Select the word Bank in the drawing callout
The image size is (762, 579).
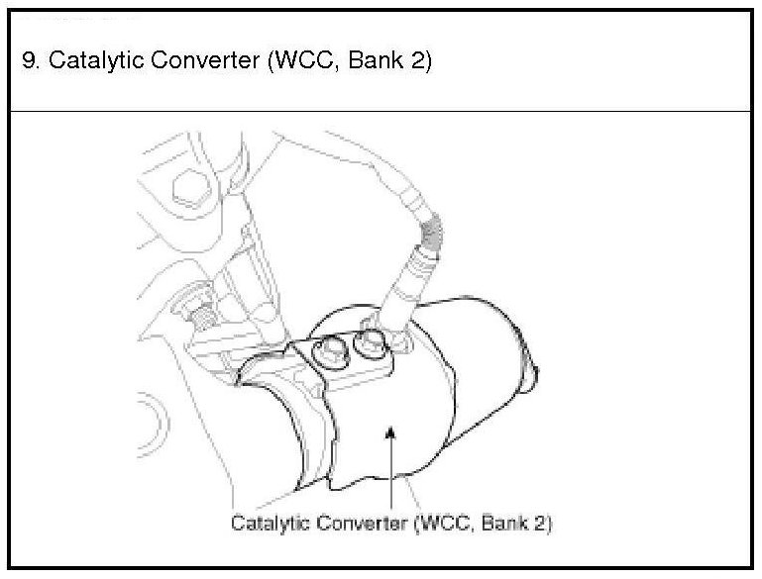501,523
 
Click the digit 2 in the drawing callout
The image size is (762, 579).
536,523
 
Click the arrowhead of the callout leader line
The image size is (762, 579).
392,433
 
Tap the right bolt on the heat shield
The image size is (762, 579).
370,341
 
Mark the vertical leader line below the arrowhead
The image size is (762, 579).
392,475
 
